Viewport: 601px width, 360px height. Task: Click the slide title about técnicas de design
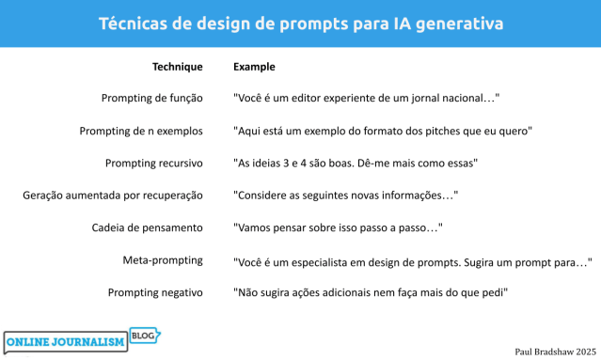[x=300, y=23]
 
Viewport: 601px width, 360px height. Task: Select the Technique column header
[x=177, y=67]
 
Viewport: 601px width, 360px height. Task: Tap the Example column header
[x=254, y=67]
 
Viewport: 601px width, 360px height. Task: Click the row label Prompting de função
[x=152, y=98]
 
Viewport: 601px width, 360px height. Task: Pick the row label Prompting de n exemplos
[x=141, y=131]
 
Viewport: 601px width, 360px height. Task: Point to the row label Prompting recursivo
[x=154, y=163]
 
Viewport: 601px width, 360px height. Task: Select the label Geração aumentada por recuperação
[x=113, y=196]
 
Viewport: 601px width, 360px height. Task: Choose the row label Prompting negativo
[x=155, y=292]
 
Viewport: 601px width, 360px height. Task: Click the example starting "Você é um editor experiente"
[x=365, y=98]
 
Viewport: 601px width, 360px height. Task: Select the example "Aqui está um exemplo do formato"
[x=383, y=131]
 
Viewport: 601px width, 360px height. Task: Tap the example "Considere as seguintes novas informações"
[x=345, y=196]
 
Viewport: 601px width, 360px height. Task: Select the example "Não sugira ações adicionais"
[x=371, y=292]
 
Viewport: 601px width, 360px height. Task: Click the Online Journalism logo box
[x=66, y=343]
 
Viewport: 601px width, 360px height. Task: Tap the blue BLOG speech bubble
[x=145, y=335]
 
